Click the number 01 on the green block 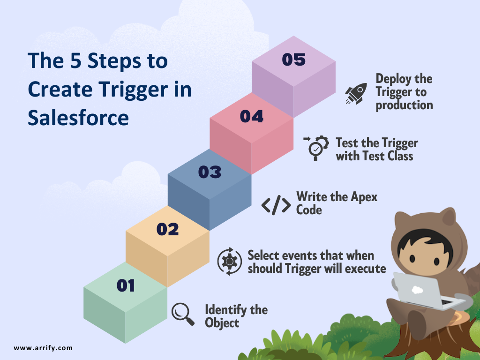coord(126,285)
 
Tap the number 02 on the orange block coord(167,229)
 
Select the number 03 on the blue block coord(210,172)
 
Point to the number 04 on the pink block coord(252,116)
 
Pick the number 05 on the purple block coord(293,60)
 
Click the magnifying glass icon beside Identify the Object coord(183,314)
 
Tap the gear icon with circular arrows coord(230,262)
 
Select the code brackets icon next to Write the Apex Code coord(276,205)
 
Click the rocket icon coord(356,93)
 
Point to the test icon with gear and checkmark coord(316,148)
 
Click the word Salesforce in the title coord(78,118)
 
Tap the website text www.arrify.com coord(43,348)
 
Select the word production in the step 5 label coord(404,105)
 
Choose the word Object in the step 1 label coord(222,323)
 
